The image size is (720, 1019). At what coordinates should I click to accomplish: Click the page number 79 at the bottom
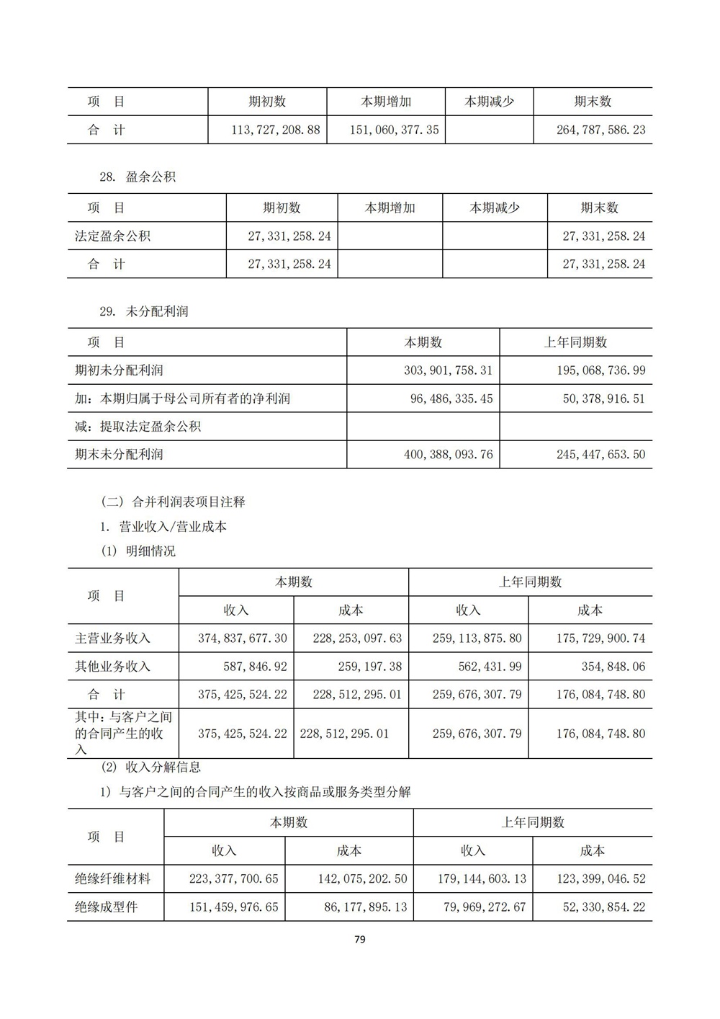(x=360, y=939)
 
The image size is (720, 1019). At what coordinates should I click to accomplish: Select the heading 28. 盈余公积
(x=138, y=177)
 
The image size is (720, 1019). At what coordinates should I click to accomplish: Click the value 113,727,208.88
(x=276, y=130)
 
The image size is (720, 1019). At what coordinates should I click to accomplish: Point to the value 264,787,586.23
(x=600, y=130)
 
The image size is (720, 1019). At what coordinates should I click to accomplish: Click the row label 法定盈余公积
(x=112, y=236)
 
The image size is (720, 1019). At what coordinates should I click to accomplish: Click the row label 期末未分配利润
(x=119, y=455)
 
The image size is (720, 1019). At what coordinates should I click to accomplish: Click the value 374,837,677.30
(x=242, y=638)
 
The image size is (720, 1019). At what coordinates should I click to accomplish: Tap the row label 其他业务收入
(x=112, y=667)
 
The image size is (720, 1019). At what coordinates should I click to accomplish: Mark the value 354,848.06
(x=613, y=667)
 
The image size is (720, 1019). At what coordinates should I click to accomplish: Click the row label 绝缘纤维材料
(x=112, y=879)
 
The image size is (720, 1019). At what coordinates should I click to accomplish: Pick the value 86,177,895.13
(x=365, y=907)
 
